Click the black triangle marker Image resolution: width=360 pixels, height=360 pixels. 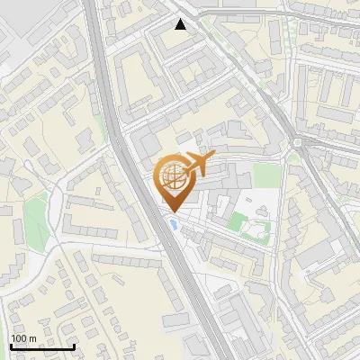181,24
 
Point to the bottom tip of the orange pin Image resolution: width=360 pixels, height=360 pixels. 173,211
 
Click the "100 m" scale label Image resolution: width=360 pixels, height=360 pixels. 23,338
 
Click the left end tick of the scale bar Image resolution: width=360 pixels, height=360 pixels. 11,346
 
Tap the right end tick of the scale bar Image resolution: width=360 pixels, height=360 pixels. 74,346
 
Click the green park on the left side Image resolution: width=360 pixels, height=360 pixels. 34,214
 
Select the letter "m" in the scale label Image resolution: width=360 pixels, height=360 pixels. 32,338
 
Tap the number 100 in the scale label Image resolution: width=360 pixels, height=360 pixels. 19,338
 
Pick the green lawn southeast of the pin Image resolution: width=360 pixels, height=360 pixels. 238,220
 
